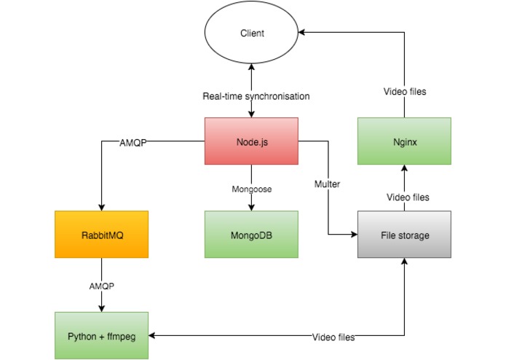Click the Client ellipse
251,32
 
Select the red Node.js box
251,141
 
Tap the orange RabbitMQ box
102,235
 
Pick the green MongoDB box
251,235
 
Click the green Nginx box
404,141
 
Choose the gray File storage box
404,235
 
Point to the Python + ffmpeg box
102,335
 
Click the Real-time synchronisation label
256,96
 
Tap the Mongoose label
252,189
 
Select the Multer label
327,184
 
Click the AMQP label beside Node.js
133,143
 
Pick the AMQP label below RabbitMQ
102,286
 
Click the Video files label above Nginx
405,92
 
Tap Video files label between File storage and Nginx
408,197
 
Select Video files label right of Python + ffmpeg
333,337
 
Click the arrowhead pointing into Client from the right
301,32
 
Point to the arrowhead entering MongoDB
251,207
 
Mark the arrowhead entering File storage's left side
354,235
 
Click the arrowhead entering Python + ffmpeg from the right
152,335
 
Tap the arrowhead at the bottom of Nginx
404,168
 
